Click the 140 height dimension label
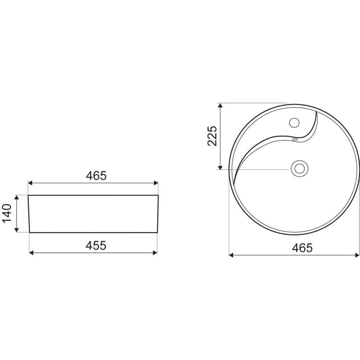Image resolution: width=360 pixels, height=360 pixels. tap(7, 213)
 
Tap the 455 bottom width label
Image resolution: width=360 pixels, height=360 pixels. tap(96, 245)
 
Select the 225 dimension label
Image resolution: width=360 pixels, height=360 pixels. tap(212, 136)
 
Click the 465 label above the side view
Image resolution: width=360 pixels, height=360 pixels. tap(96, 176)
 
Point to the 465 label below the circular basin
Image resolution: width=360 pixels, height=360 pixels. tap(302, 248)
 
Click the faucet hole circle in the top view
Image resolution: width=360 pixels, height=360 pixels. tap(294, 122)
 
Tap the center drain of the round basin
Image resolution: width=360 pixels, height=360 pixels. tap(299, 168)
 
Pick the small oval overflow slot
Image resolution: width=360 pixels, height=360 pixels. tap(295, 139)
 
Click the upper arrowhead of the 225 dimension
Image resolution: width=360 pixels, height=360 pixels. tap(220, 105)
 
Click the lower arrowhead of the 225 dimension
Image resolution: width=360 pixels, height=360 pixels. tap(220, 167)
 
